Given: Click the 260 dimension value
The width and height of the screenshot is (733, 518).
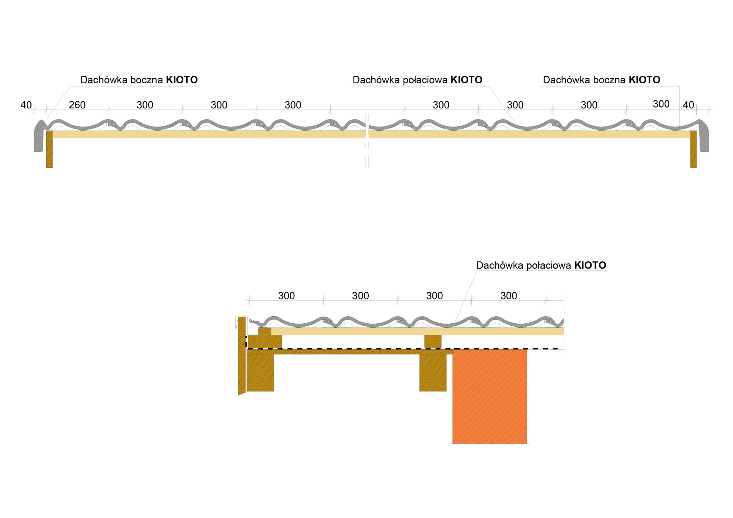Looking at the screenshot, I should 77,105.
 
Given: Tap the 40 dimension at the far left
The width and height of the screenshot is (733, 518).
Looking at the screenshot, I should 26,105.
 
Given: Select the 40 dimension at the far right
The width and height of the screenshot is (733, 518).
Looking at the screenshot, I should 688,105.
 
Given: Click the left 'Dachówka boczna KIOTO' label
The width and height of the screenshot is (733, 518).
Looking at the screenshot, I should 139,80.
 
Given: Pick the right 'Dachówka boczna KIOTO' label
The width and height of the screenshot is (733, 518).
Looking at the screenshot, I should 601,80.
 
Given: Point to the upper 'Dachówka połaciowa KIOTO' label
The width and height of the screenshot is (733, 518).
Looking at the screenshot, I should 417,80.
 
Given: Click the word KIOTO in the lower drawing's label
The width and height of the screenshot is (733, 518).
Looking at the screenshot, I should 590,265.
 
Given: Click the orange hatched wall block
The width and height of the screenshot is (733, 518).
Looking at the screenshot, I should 489,396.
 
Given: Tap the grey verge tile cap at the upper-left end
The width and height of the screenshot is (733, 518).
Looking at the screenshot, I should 39,137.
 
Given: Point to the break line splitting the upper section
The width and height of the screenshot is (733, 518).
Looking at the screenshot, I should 367,141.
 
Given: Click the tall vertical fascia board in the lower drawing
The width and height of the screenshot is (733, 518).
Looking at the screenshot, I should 242,355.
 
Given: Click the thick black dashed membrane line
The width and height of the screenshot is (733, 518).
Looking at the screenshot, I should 370,349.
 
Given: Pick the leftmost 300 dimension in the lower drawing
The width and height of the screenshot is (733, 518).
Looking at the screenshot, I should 286,296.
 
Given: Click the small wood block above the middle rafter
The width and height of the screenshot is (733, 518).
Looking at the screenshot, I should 433,342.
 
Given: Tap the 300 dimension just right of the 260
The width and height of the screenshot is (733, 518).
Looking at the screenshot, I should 145,105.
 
